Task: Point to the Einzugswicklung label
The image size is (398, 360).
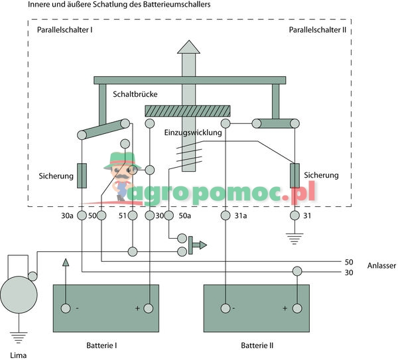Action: click(x=192, y=133)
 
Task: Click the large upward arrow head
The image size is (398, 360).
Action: click(x=188, y=46)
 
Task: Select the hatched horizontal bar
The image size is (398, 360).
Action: click(x=187, y=111)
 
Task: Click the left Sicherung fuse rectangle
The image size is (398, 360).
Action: click(x=82, y=175)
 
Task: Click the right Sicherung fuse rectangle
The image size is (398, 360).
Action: click(x=295, y=175)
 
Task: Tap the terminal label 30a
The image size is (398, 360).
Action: click(x=67, y=215)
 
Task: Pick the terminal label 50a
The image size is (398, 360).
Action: click(x=184, y=215)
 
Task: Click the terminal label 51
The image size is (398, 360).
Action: click(x=122, y=215)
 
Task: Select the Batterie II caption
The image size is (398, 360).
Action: click(x=257, y=345)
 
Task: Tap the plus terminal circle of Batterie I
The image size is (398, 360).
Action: click(x=148, y=308)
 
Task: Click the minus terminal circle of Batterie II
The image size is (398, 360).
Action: click(x=227, y=308)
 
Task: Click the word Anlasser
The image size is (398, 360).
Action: click(x=381, y=266)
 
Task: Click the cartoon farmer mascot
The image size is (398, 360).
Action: click(x=123, y=176)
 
